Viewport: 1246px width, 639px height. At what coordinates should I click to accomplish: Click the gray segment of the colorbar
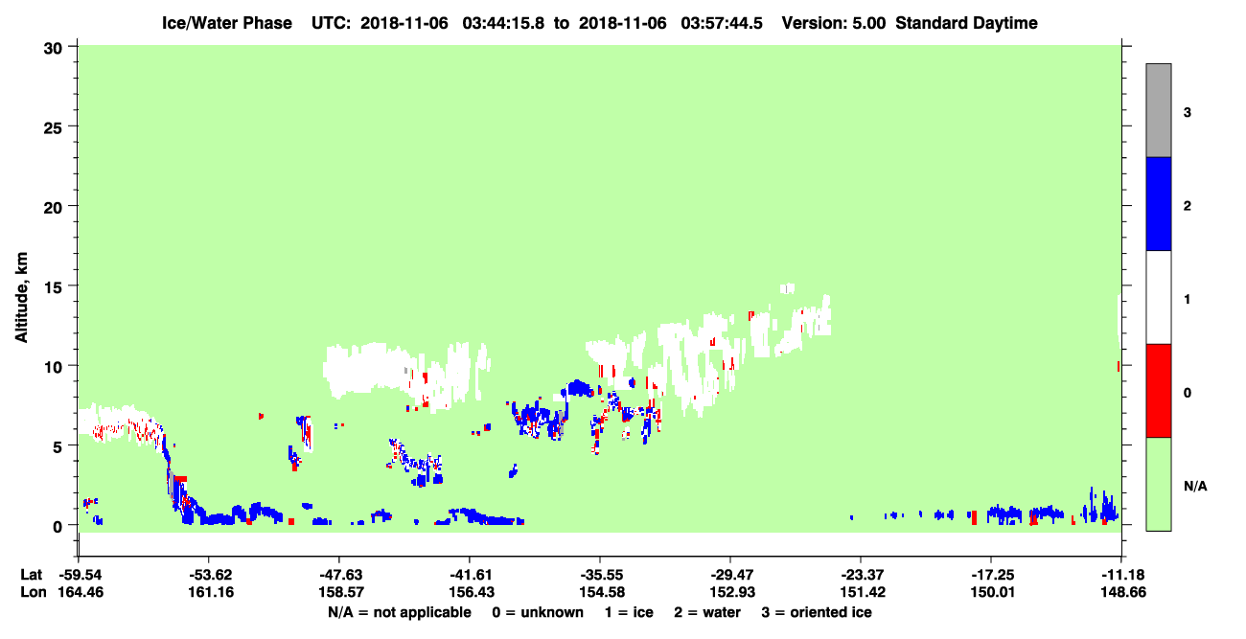point(1158,110)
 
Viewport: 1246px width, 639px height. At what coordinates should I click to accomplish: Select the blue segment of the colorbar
point(1158,203)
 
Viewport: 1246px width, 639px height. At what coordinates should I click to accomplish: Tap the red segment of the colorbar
point(1158,391)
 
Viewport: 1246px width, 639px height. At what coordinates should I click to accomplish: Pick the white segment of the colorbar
point(1158,297)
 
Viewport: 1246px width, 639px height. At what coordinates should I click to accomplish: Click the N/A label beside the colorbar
point(1195,486)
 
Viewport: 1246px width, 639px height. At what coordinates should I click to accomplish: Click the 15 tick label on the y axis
point(53,286)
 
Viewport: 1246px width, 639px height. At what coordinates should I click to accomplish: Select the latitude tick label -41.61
point(471,575)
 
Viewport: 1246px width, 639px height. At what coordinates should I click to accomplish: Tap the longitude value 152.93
point(732,592)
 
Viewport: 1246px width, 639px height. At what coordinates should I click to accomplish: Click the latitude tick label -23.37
point(862,575)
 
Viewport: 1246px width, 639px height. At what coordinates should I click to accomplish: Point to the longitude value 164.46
point(81,592)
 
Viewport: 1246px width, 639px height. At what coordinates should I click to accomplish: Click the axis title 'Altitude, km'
point(21,298)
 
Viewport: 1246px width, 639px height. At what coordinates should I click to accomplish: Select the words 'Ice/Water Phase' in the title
point(227,23)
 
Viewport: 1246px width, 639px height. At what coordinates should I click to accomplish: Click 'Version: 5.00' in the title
point(833,23)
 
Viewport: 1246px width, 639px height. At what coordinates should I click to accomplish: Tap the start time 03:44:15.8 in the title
point(503,23)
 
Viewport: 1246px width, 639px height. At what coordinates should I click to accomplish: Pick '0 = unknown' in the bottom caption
point(538,612)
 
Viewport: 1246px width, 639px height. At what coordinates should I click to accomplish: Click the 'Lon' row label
point(34,592)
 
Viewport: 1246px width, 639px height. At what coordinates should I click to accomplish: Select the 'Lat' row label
point(31,575)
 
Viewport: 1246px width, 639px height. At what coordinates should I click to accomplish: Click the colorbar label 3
point(1187,112)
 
